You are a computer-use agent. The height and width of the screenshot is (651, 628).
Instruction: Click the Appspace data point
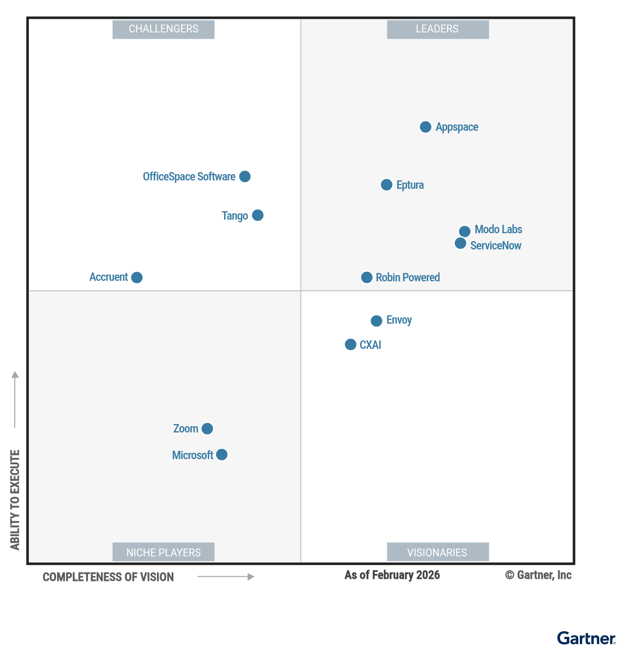tap(425, 127)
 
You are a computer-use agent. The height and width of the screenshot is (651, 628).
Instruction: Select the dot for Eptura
tap(387, 185)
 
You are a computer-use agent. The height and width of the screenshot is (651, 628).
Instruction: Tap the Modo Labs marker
tap(465, 231)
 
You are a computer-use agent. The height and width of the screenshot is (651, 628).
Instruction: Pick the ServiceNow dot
tap(461, 243)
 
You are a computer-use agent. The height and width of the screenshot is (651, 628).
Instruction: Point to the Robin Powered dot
tap(367, 277)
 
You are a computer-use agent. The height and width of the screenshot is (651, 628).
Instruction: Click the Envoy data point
tap(376, 321)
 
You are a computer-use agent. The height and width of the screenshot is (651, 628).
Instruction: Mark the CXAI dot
tap(351, 345)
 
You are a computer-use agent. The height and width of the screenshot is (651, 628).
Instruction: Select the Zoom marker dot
tap(207, 429)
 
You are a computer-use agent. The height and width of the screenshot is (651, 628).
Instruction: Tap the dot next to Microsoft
tap(222, 454)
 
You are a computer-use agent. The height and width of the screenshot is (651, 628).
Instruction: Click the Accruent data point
tap(137, 277)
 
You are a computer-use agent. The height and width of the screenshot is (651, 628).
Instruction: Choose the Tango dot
tap(257, 215)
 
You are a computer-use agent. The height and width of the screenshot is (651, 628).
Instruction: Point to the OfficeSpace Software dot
tap(245, 176)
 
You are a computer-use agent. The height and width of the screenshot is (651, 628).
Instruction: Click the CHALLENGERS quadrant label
tap(163, 29)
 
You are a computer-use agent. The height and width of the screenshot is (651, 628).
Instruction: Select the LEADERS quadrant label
tap(438, 29)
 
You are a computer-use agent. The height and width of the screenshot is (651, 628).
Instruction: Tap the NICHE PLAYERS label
tap(163, 552)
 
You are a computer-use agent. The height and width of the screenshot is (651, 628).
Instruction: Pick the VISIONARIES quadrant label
tap(438, 552)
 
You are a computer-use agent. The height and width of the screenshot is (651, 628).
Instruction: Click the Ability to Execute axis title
tap(15, 499)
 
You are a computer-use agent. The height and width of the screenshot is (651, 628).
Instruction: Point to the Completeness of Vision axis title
tap(108, 577)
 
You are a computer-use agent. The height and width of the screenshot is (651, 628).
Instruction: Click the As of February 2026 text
tap(392, 575)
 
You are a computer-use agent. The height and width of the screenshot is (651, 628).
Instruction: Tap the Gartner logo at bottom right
tap(586, 638)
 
